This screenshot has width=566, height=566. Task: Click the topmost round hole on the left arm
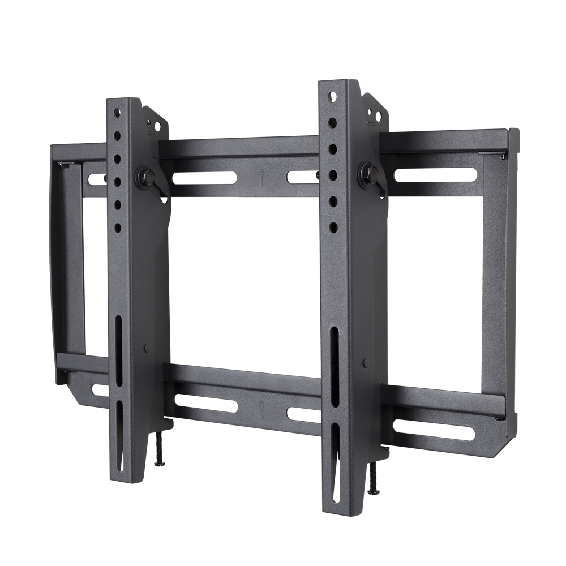click(x=117, y=108)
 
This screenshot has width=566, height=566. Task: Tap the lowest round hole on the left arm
click(x=118, y=226)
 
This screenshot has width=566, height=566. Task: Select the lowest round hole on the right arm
click(x=334, y=226)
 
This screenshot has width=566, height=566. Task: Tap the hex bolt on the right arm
click(x=365, y=169)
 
